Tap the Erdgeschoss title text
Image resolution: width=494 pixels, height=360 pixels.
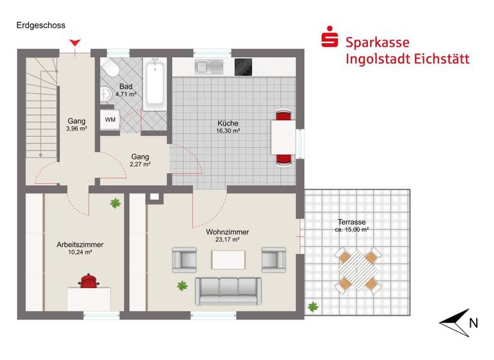(x=41, y=26)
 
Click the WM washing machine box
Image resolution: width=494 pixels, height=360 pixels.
(x=110, y=120)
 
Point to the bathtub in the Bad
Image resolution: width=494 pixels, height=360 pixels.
(x=155, y=85)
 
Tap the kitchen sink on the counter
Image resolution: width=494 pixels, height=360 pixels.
(x=208, y=65)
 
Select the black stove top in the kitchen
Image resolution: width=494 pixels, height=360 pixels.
(x=243, y=66)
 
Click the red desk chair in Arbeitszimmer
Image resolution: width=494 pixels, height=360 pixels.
(x=88, y=282)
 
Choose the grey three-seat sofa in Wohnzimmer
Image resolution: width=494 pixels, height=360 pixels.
(x=228, y=291)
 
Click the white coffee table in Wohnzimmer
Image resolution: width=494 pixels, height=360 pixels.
(x=228, y=259)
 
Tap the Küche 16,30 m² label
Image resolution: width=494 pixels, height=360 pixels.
(x=228, y=127)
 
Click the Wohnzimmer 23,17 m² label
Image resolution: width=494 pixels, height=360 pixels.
(x=228, y=236)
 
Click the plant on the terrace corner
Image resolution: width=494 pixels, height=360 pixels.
(x=313, y=307)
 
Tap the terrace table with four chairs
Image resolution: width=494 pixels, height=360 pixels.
(x=358, y=271)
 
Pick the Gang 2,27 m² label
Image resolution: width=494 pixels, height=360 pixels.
(x=140, y=160)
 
